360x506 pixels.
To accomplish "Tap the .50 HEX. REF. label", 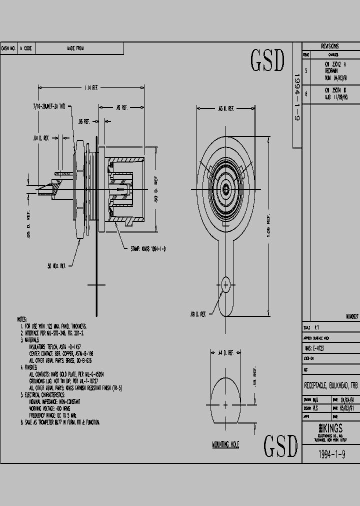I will point(56,266).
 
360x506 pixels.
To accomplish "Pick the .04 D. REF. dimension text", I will point(41,137).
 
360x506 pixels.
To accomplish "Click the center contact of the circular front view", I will point(225,189).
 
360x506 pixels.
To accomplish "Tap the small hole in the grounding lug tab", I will point(226,285).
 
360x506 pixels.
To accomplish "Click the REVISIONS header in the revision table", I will point(329,46).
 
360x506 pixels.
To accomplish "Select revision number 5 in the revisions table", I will point(306,71).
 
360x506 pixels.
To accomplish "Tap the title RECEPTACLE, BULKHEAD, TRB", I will point(330,385).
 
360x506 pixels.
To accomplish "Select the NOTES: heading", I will point(22,318).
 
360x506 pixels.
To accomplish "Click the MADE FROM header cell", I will point(75,48).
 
